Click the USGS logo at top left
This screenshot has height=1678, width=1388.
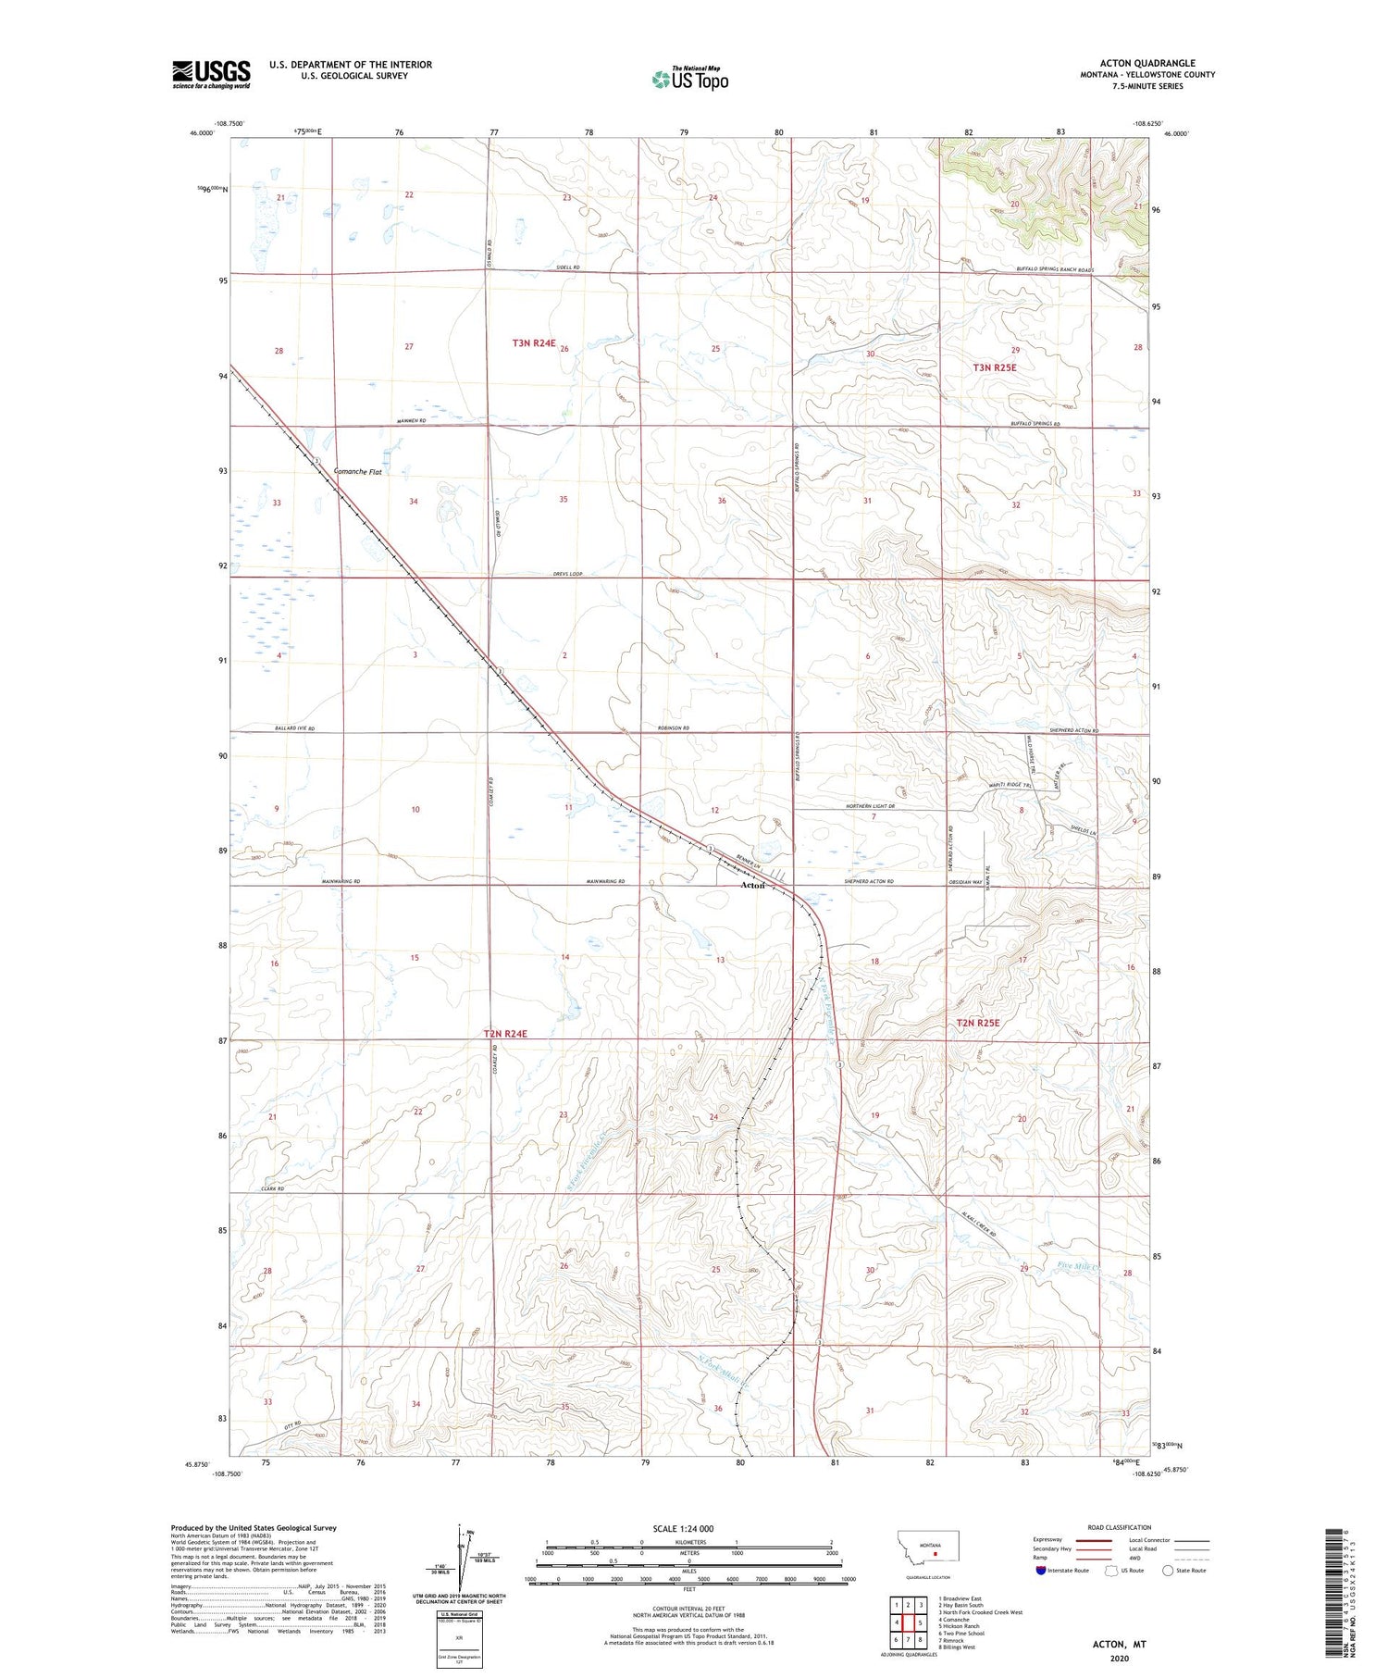[x=211, y=74]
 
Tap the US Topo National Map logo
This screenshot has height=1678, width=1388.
[x=689, y=79]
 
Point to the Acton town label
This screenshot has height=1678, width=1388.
[x=752, y=886]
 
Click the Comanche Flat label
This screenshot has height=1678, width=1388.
[x=357, y=472]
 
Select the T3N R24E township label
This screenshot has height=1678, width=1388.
[x=534, y=343]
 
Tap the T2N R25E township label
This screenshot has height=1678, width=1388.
[x=979, y=1024]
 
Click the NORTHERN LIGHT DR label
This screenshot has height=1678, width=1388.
[x=871, y=807]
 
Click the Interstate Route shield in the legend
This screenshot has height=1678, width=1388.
[x=1042, y=1571]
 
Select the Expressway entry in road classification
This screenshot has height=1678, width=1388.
[x=1046, y=1540]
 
